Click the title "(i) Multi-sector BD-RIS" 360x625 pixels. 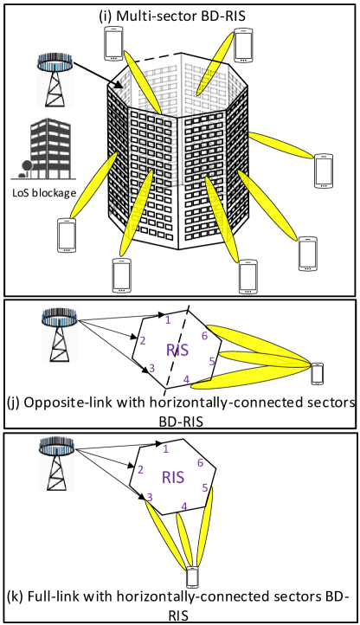(172, 16)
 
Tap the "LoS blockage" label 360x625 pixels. (44, 193)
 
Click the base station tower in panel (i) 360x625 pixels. (55, 81)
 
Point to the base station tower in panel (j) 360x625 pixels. (60, 336)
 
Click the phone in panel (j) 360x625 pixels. (317, 373)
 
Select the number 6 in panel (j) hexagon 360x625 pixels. (204, 336)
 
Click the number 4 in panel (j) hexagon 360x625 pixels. (186, 380)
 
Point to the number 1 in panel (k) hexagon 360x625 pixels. (166, 449)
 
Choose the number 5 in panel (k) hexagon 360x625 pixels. (205, 487)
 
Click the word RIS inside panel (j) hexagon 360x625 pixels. (177, 350)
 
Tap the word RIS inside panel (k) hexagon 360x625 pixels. (173, 477)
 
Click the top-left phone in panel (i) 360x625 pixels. (113, 44)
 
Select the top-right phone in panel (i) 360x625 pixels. (243, 45)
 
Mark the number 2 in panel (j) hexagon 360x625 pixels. (142, 341)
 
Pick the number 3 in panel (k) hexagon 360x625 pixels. (150, 497)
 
